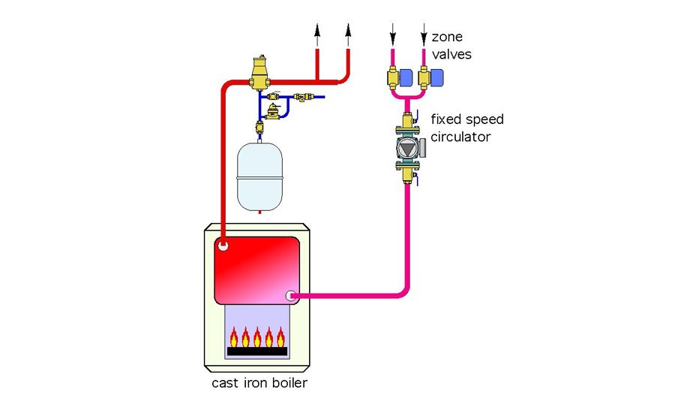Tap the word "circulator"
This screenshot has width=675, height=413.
click(x=460, y=137)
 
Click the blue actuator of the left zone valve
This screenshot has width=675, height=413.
click(x=405, y=76)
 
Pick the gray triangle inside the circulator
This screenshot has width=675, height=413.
click(x=406, y=148)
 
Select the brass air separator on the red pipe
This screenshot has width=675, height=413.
click(x=259, y=72)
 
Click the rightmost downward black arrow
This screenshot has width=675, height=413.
click(x=424, y=35)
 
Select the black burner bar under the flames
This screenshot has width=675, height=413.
click(x=257, y=351)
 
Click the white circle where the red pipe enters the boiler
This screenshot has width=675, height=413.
click(x=223, y=244)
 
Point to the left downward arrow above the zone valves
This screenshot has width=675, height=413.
click(x=392, y=35)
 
